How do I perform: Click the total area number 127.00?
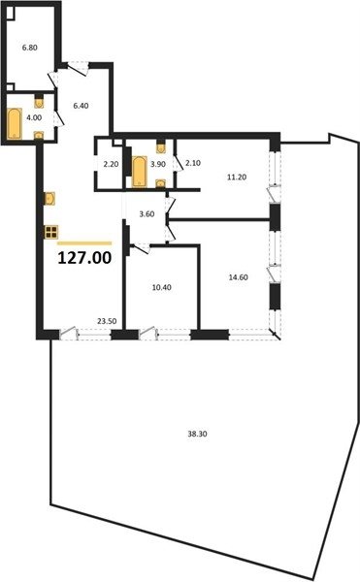click(84, 258)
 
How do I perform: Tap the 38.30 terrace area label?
click(197, 434)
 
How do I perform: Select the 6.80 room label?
click(30, 48)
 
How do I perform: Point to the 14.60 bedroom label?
click(239, 277)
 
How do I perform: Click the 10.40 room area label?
click(162, 287)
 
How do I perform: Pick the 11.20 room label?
click(237, 178)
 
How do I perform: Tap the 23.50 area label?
click(107, 321)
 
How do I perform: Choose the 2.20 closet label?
click(111, 164)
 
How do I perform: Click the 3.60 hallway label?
click(147, 214)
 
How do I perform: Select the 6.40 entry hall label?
click(81, 106)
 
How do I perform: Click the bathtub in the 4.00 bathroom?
click(15, 123)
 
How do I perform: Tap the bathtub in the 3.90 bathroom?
click(140, 171)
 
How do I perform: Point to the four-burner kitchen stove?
click(51, 232)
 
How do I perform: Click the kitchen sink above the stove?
click(49, 198)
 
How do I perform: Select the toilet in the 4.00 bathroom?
click(39, 101)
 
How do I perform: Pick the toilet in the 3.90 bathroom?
click(161, 146)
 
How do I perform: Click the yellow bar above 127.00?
click(84, 243)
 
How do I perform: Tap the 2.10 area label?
click(193, 163)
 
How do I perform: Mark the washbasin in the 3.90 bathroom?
click(161, 183)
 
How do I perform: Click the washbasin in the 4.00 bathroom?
click(39, 135)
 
